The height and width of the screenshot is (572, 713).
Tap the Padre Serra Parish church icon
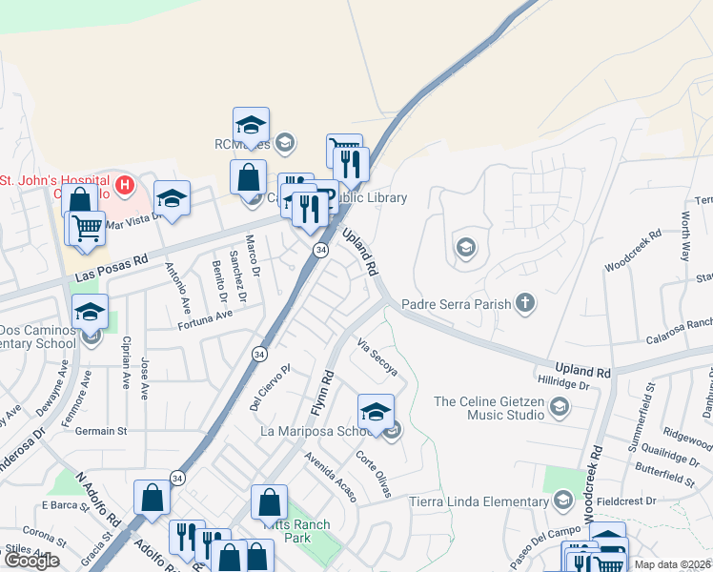(523, 304)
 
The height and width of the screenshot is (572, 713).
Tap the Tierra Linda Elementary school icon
(562, 501)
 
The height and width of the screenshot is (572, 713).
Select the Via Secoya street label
(377, 356)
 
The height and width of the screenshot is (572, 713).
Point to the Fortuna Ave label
(205, 319)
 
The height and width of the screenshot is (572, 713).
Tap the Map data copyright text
(672, 564)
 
